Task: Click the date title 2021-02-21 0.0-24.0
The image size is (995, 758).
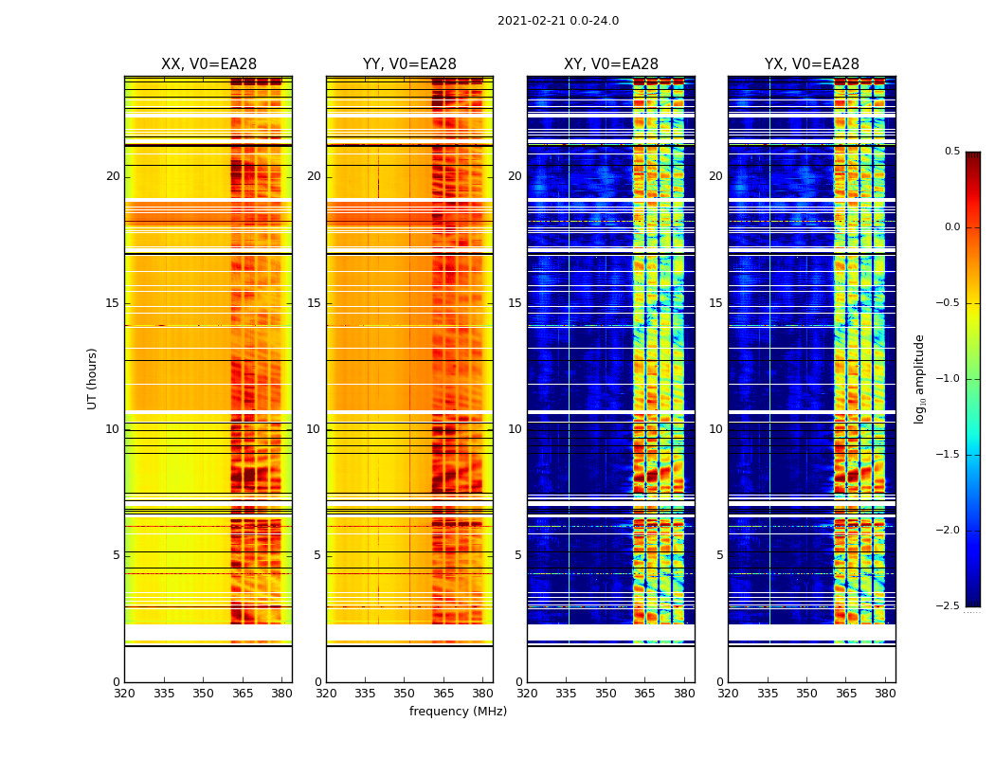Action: point(558,21)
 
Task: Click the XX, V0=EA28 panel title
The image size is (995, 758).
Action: point(208,64)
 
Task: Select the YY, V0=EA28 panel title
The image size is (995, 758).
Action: point(409,64)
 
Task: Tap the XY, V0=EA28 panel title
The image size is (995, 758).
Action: point(611,64)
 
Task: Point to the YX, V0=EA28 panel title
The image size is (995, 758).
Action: point(812,64)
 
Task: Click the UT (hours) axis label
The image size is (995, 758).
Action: point(92,378)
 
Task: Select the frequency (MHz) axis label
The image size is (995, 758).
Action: point(458,712)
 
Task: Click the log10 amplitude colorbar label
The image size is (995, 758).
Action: point(919,378)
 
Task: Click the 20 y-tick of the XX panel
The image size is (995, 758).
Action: point(113,176)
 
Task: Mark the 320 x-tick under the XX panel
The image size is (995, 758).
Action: point(124,694)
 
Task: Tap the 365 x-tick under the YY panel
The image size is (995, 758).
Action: point(443,694)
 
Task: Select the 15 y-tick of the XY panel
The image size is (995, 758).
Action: point(515,303)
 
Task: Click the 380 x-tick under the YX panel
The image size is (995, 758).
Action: point(885,694)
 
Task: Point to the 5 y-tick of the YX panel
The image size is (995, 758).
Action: point(719,555)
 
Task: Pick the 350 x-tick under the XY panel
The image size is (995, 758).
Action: point(606,694)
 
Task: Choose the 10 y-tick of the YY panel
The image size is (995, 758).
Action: point(314,429)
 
